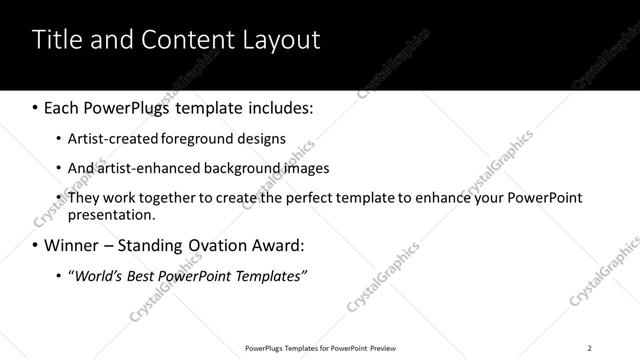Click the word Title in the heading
(56, 39)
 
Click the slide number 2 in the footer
(590, 348)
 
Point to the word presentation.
(111, 215)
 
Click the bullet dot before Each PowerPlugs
(35, 106)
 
